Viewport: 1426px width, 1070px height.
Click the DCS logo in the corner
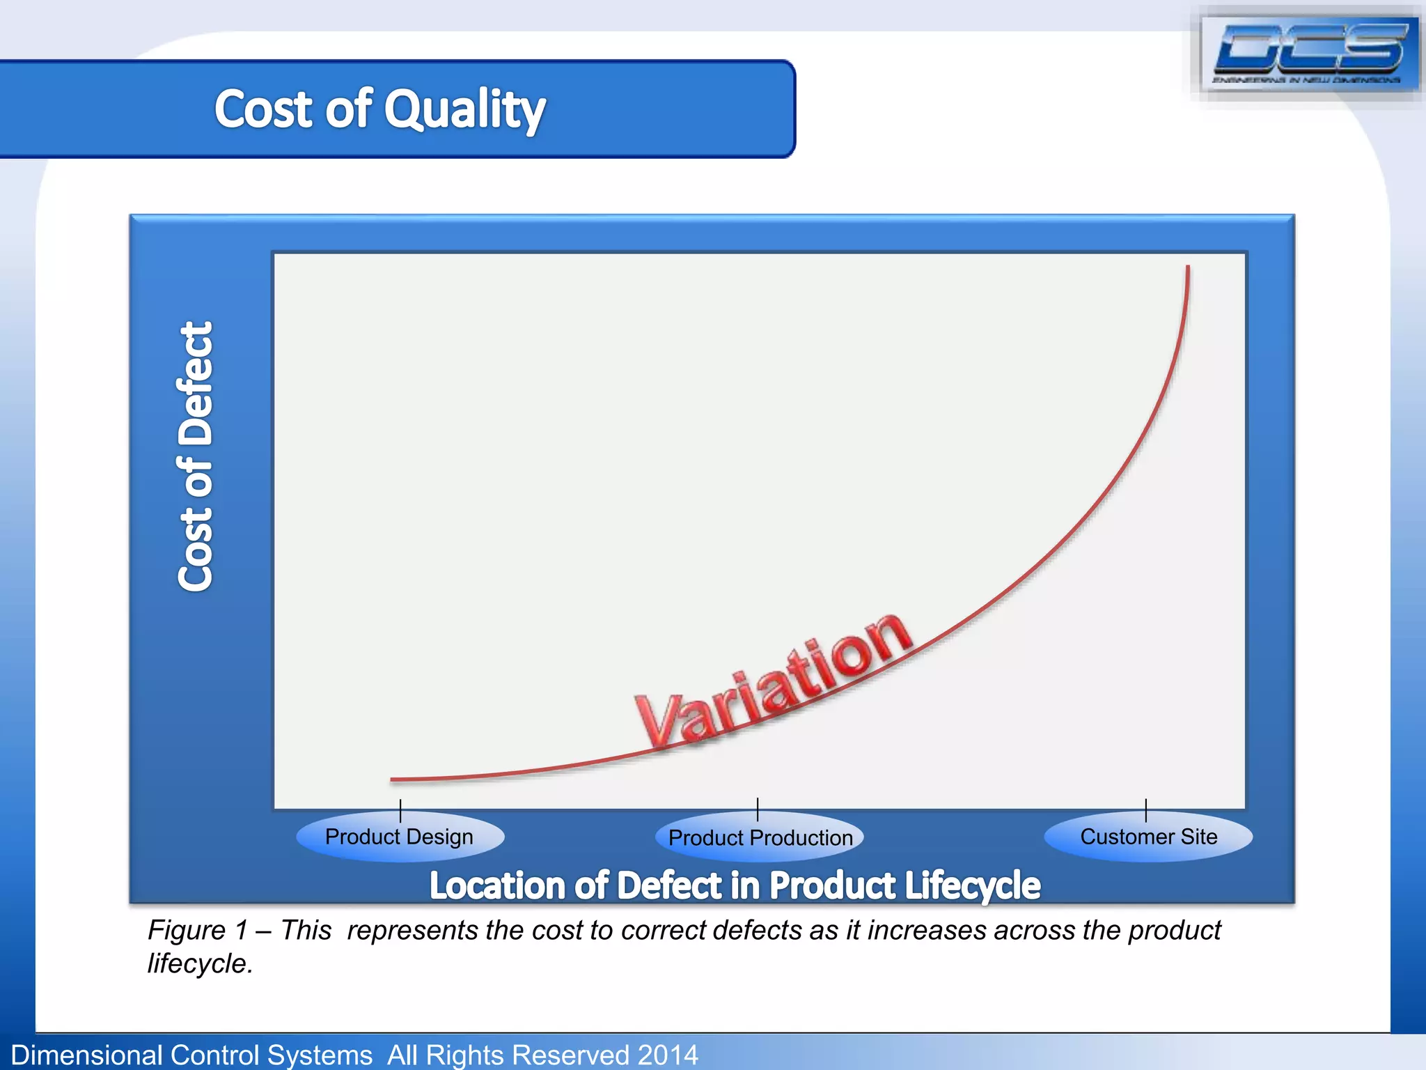1309,54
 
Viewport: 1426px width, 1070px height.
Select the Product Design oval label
400,837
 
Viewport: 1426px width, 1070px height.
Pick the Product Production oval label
760,837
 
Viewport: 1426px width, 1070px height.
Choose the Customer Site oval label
1148,836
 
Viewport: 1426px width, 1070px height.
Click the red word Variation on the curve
773,679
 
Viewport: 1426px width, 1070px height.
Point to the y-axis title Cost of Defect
195,457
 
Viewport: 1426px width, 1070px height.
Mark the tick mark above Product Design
400,810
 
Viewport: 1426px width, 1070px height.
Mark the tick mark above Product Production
758,809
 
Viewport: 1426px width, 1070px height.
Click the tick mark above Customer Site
1145,810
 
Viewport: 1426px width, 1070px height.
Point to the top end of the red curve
1188,268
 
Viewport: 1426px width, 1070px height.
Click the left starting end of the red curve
393,780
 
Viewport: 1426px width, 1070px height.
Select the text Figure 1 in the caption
198,931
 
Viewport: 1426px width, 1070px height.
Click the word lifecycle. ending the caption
200,964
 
